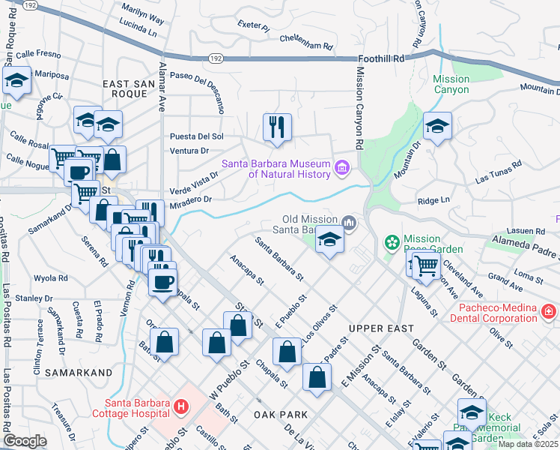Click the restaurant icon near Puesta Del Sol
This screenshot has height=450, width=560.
[x=276, y=127]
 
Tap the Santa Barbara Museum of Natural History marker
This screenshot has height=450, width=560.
[x=343, y=166]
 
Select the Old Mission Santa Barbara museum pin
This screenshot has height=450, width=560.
[x=350, y=222]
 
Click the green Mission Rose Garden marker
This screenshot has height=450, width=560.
[x=391, y=242]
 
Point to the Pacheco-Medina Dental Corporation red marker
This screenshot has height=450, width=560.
[x=549, y=310]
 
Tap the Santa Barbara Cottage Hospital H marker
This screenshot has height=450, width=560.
[x=180, y=408]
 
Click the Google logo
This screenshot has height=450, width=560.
[x=25, y=441]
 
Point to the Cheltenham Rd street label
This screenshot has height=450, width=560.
[x=305, y=42]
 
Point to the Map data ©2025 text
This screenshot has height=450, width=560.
[x=528, y=444]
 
